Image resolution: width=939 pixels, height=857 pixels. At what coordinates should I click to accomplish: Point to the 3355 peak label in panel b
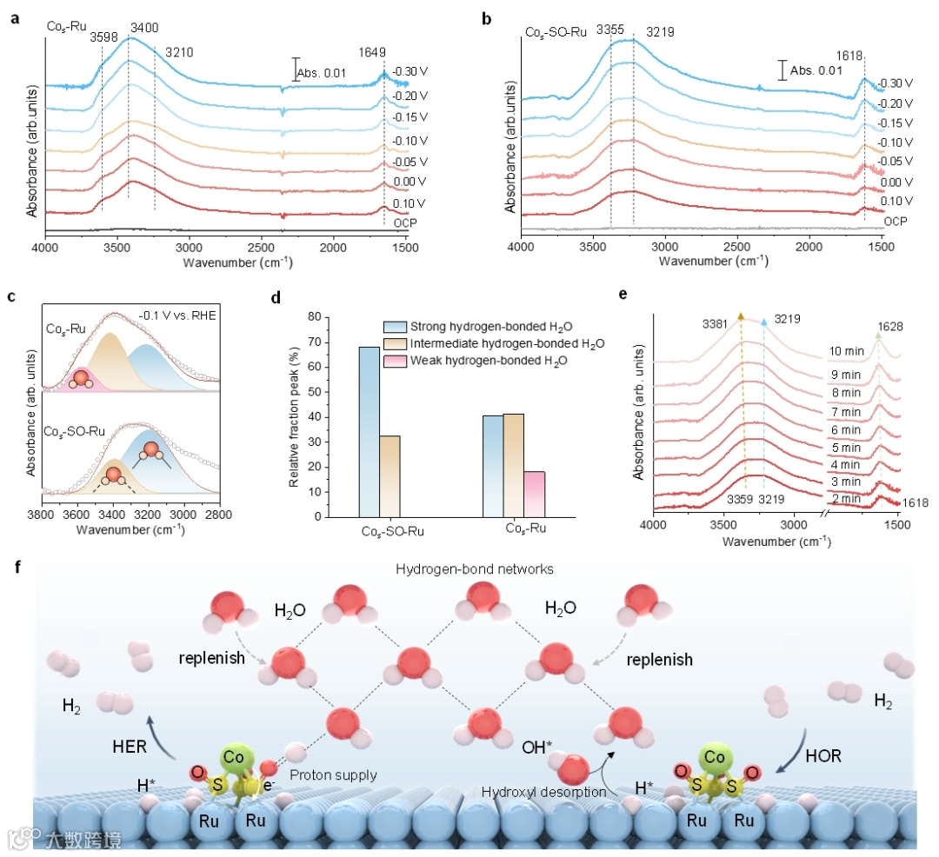(610, 30)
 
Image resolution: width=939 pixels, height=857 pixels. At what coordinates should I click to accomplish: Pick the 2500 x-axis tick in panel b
(736, 248)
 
